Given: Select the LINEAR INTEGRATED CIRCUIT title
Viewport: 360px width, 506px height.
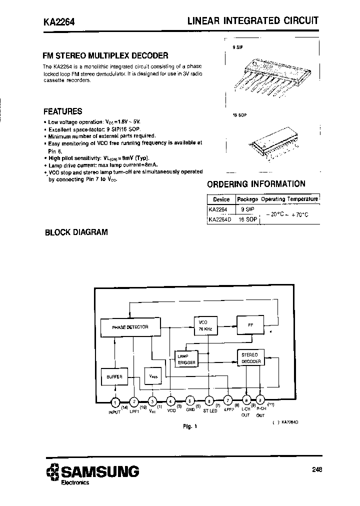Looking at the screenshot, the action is point(252,21).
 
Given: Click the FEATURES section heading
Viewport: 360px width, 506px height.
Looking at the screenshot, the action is point(62,111).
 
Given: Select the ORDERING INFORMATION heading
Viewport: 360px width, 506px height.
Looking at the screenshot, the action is point(256,184).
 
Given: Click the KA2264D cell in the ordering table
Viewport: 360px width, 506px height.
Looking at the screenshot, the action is point(220,219).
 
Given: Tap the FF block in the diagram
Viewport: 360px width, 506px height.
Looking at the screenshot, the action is point(251,324).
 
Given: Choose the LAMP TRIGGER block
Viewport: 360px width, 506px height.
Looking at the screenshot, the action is point(186,358).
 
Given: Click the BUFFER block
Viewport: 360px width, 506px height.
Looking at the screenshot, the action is point(114,376).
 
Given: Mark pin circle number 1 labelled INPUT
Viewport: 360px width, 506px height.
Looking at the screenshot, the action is point(115,400).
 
